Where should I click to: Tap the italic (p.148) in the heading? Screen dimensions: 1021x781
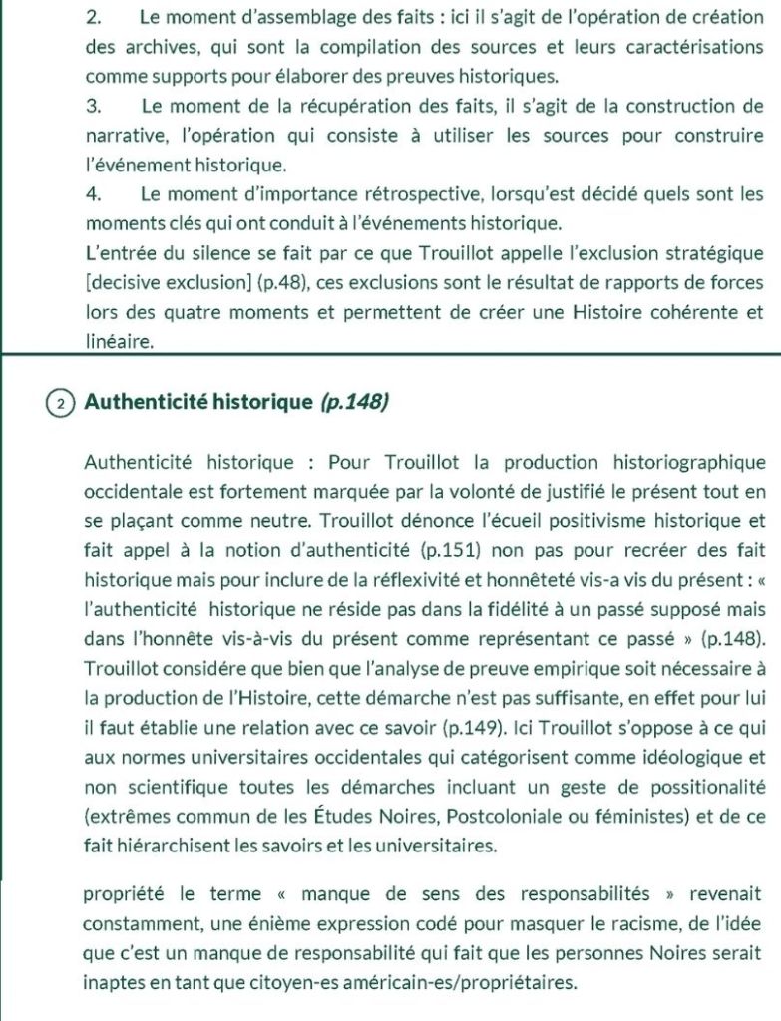355,403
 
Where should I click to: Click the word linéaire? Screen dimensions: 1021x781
119,341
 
